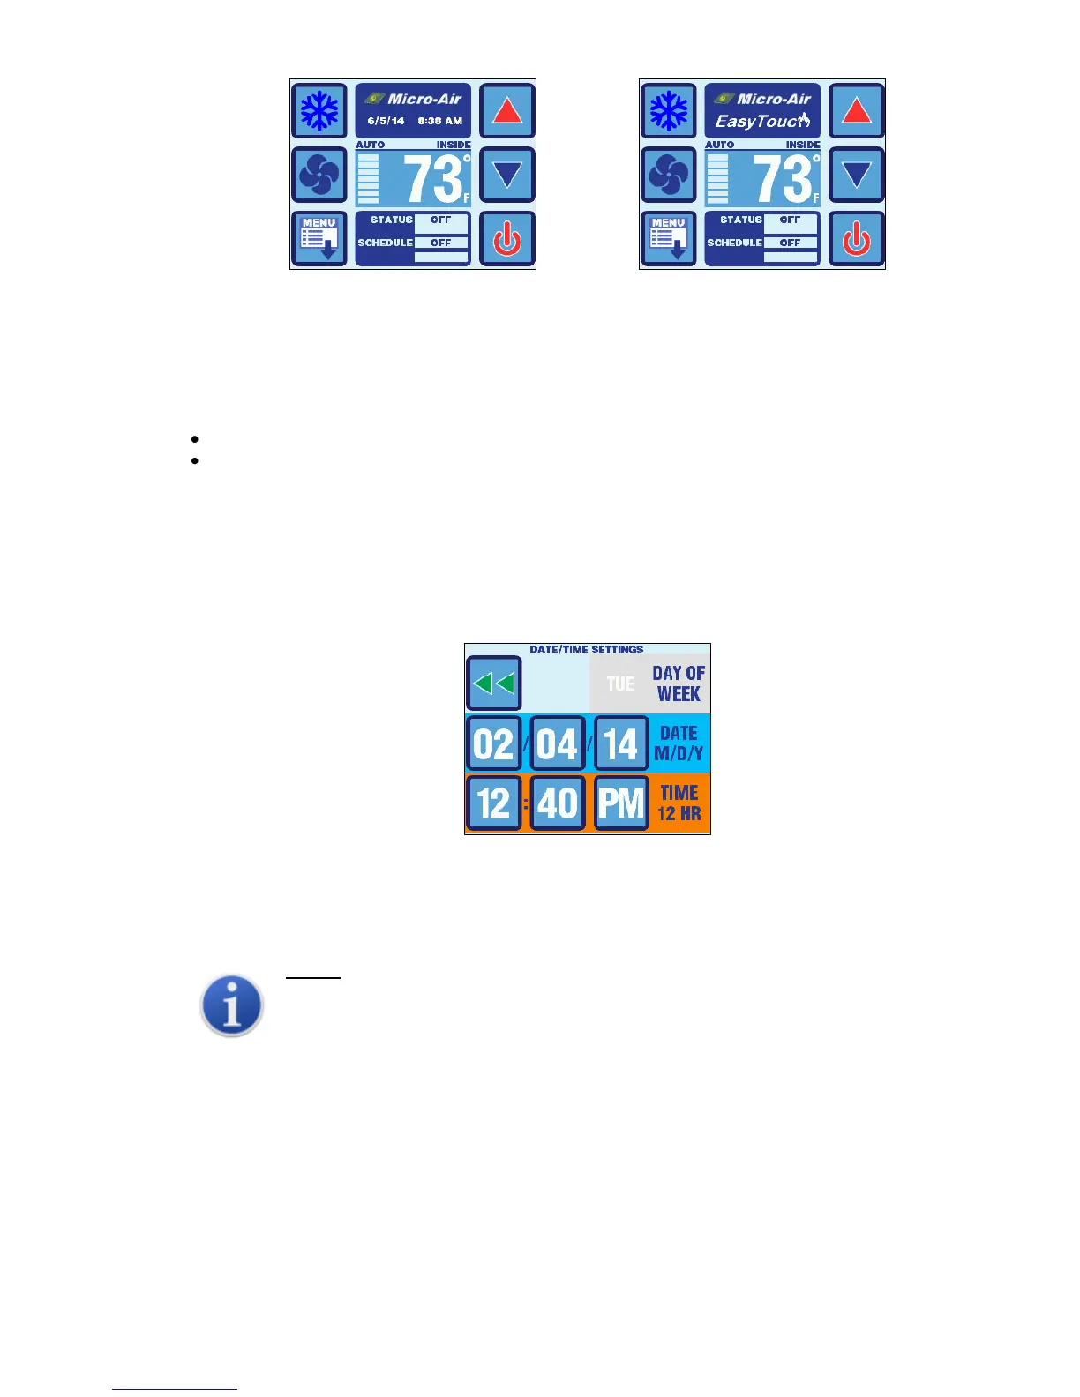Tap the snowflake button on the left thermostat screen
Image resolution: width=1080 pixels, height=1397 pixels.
(x=319, y=111)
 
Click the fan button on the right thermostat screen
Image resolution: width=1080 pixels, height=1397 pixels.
(x=668, y=175)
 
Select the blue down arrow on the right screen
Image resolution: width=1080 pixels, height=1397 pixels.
(x=856, y=175)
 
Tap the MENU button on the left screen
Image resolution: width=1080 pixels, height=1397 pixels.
(x=319, y=238)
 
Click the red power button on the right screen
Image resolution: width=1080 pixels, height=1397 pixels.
(x=856, y=238)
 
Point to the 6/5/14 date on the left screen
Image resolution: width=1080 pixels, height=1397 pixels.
(x=386, y=122)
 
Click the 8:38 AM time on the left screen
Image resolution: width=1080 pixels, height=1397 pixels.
(x=440, y=122)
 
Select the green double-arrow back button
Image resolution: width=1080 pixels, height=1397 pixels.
(x=493, y=683)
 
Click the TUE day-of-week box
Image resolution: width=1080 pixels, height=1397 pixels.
(x=620, y=684)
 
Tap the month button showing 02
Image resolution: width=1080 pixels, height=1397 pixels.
(x=493, y=743)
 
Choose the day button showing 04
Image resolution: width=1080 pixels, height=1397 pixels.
(x=557, y=743)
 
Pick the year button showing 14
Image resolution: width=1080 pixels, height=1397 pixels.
(x=621, y=743)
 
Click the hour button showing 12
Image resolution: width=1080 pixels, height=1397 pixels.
(x=493, y=803)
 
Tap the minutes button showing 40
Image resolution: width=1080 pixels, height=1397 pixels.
(x=557, y=803)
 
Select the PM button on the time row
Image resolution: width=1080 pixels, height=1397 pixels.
(x=621, y=803)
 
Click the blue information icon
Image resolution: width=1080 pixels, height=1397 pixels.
(x=232, y=1005)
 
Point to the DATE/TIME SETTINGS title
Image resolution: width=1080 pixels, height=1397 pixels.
(x=587, y=649)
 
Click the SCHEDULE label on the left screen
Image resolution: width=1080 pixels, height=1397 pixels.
(x=385, y=243)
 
